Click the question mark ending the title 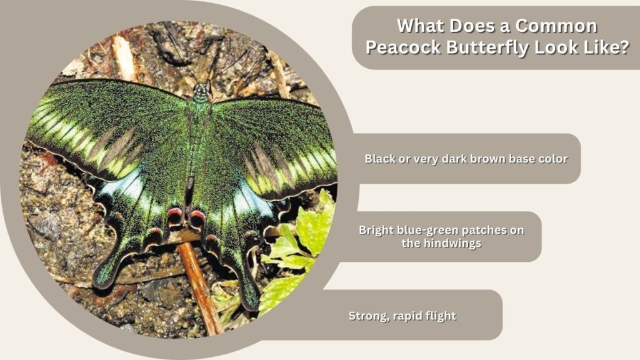point(624,47)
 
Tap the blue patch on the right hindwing point(253,201)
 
